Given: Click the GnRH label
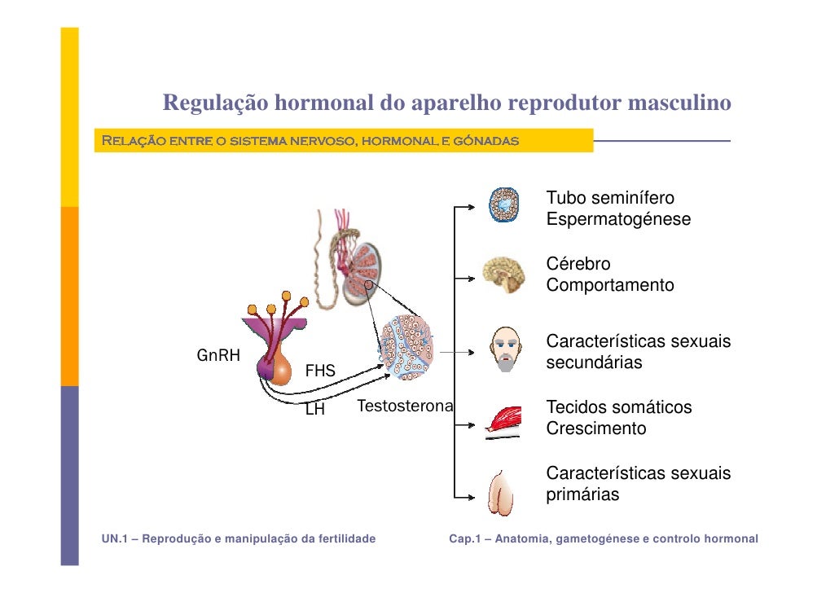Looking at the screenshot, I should (x=218, y=355).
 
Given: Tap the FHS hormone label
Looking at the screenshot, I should (x=320, y=371).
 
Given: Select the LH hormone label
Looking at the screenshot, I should (x=314, y=410).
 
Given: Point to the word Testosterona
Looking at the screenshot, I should (x=405, y=406).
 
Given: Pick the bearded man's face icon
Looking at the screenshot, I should (x=505, y=350).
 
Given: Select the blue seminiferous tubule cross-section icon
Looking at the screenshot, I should (x=504, y=205).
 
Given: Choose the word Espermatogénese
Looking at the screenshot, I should (x=618, y=220).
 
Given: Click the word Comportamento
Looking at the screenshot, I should (x=610, y=286).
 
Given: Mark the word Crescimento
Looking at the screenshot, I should (x=595, y=428).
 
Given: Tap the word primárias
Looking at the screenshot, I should (x=582, y=494).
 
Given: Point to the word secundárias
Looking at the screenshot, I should (x=594, y=362).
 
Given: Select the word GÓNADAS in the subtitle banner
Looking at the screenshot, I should (x=487, y=141).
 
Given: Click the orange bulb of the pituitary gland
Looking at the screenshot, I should (x=279, y=369).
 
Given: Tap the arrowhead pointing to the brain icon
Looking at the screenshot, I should (x=470, y=275).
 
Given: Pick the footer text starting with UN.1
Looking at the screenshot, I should (x=239, y=538).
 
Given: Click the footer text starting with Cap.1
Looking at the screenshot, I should (x=604, y=538).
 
